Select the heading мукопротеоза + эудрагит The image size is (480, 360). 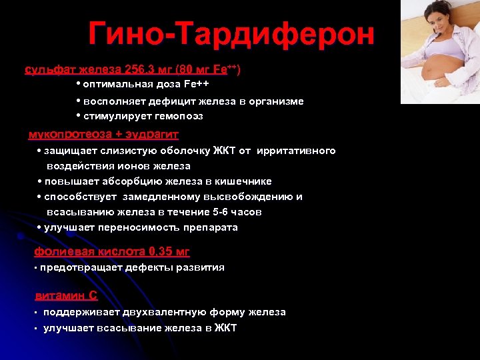103,134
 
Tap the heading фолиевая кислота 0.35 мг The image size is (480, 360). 112,251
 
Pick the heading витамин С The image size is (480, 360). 66,296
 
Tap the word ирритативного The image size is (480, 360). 297,151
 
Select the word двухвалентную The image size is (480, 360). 165,312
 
